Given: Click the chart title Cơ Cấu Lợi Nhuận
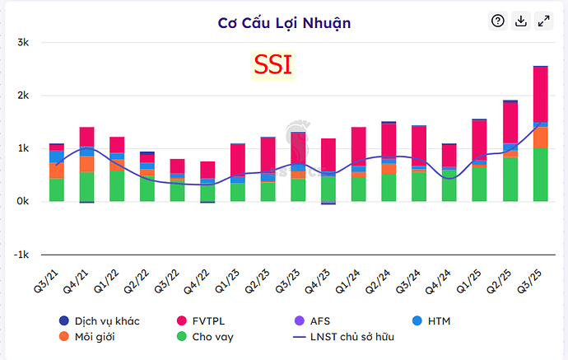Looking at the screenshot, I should pos(284,22).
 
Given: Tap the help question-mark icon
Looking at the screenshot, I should pos(497,21).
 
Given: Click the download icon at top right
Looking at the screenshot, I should pos(520,21).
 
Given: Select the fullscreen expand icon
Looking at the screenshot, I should pos(543,21).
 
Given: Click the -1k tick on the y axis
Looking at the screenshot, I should pos(21,255).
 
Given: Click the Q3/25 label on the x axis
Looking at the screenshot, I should pos(534,272).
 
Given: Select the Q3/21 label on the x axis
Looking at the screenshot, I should pos(50,272).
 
